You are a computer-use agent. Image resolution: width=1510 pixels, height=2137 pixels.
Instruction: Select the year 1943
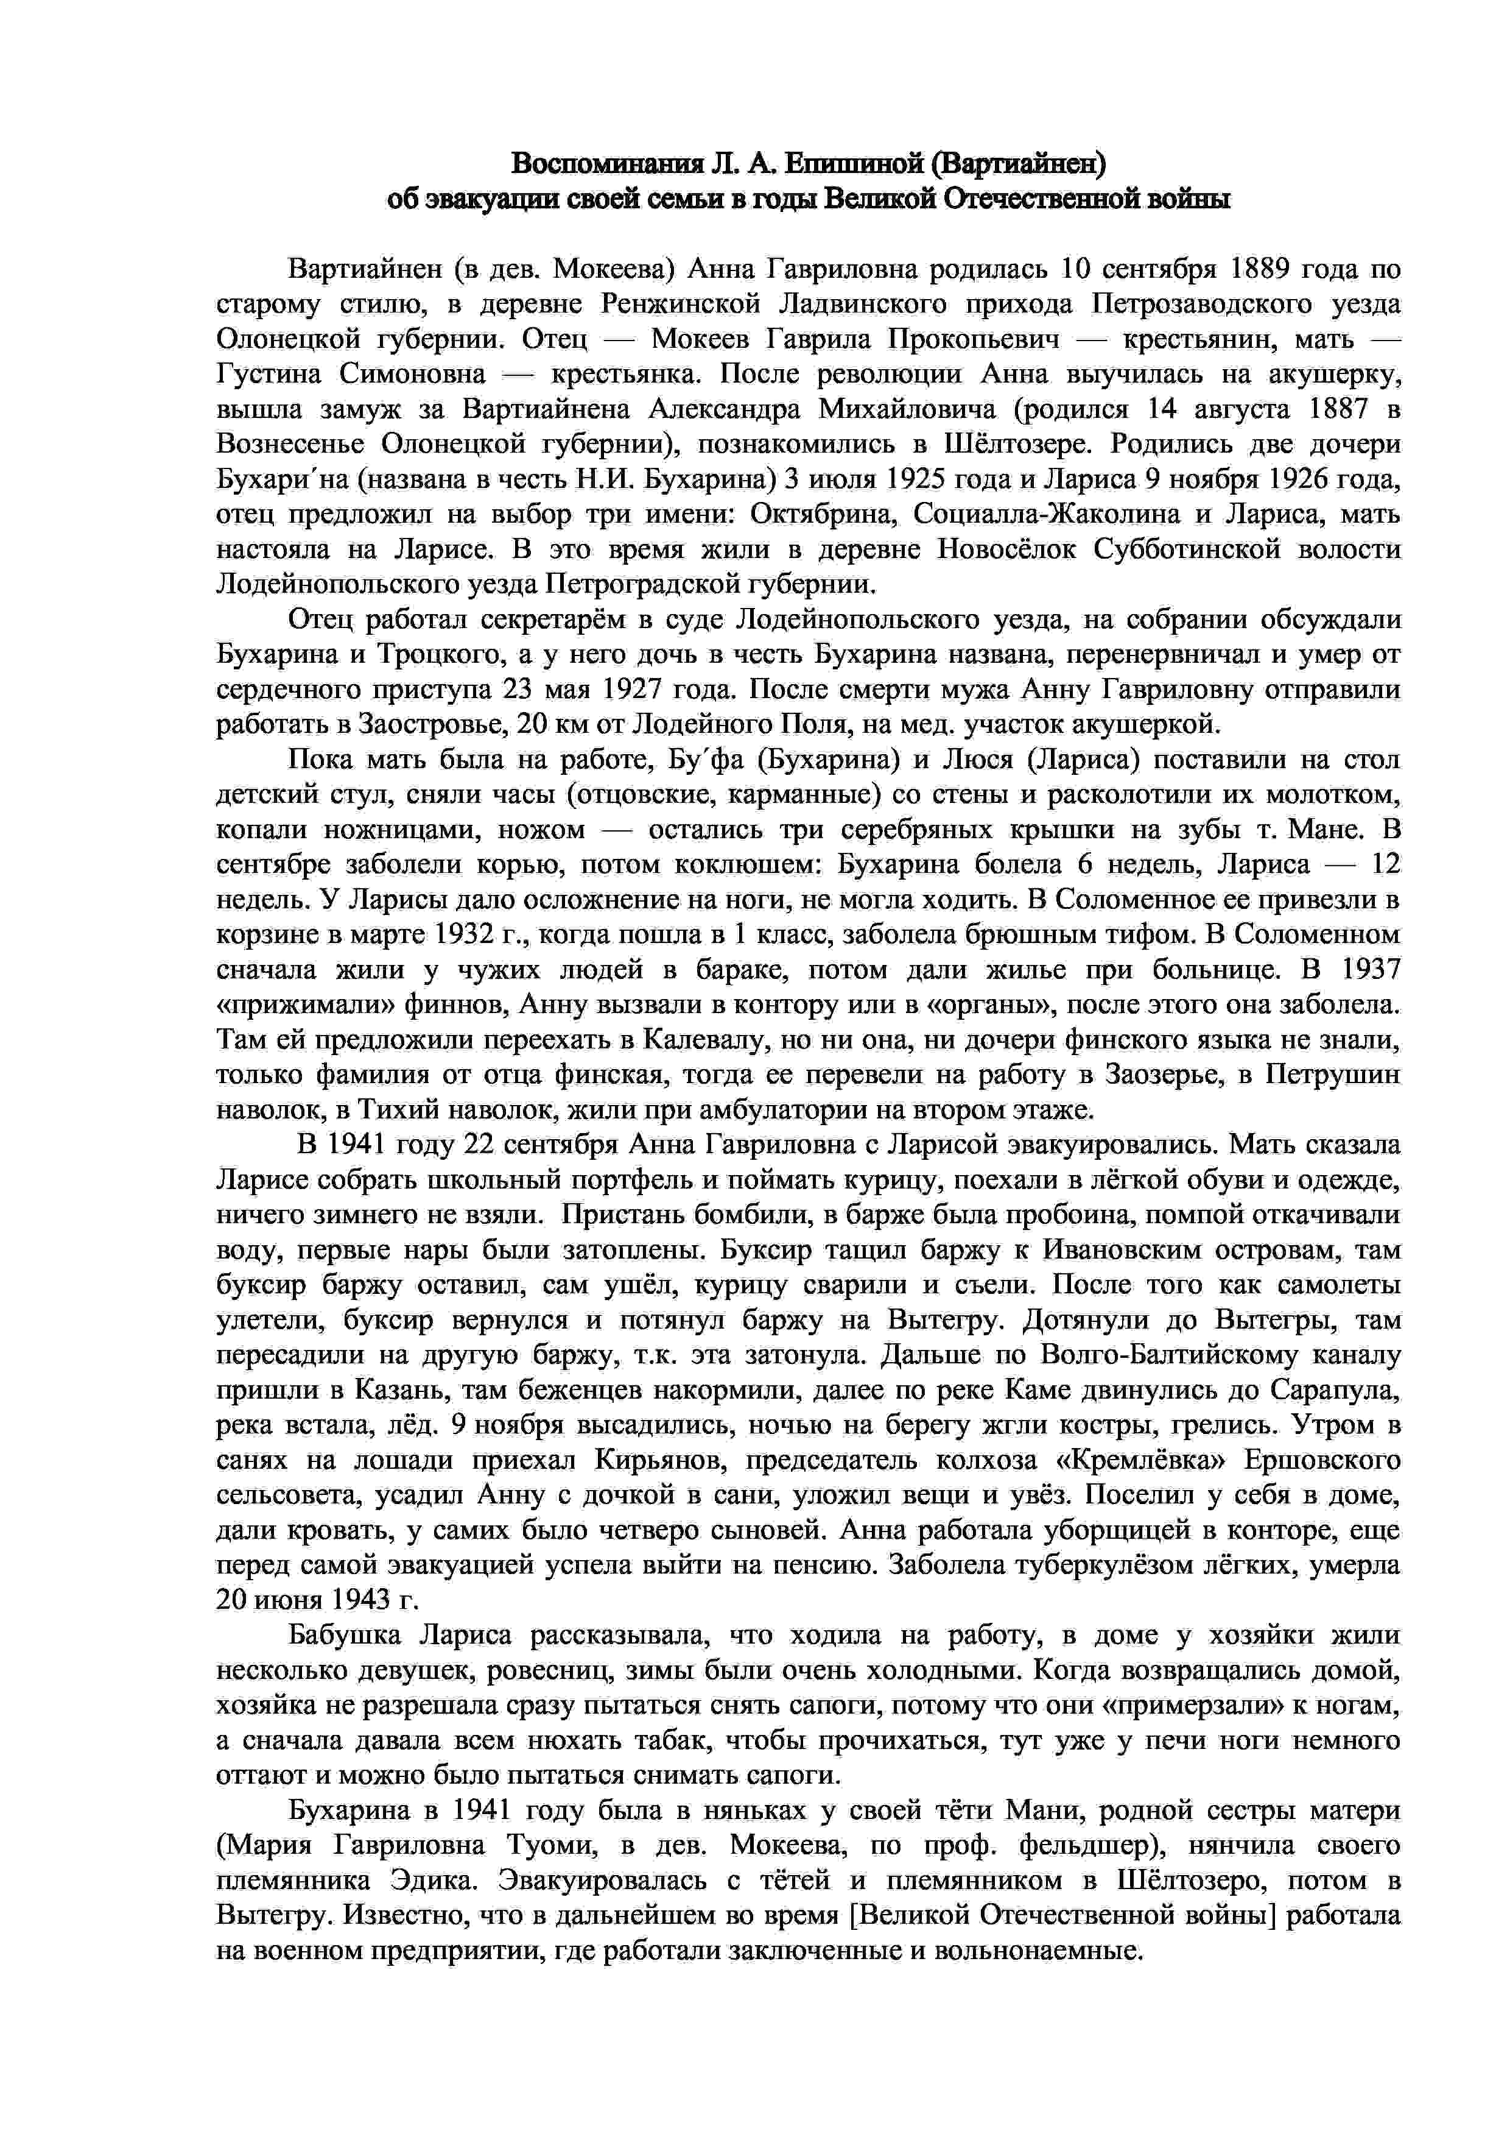click(x=356, y=1600)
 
